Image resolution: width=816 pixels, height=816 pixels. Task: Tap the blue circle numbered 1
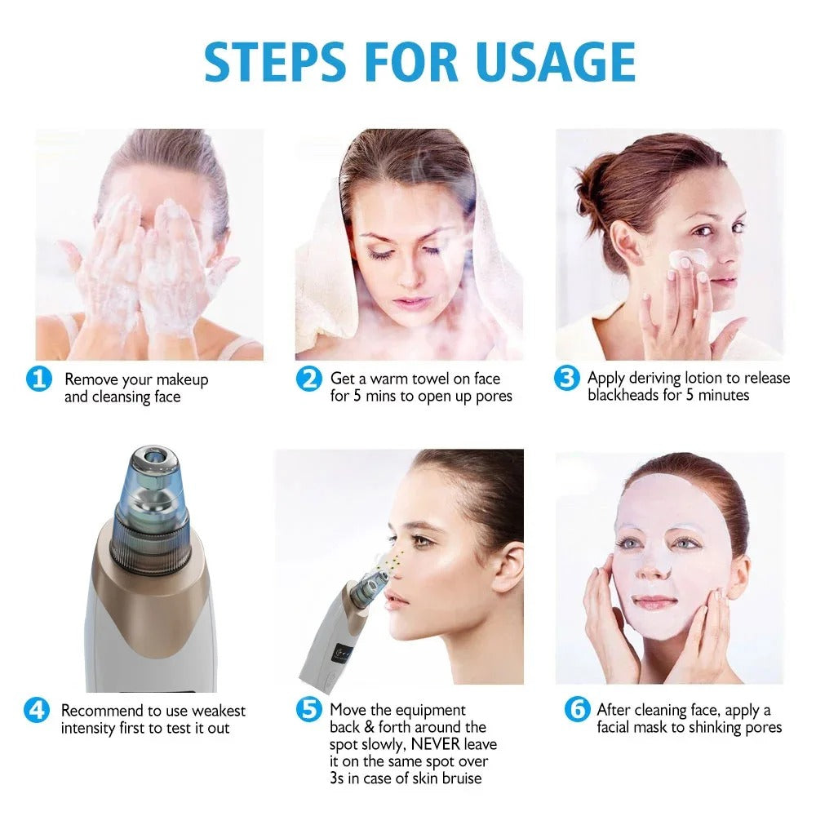click(x=38, y=379)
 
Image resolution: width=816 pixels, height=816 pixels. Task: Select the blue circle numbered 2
click(x=308, y=379)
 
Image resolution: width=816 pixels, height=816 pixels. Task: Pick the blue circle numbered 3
click(x=566, y=379)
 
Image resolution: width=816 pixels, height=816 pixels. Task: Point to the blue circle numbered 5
click(x=308, y=709)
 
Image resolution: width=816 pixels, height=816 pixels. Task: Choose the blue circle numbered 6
click(x=577, y=710)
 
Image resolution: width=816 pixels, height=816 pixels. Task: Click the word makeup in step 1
click(x=183, y=379)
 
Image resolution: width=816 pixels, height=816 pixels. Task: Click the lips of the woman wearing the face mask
click(x=655, y=602)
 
